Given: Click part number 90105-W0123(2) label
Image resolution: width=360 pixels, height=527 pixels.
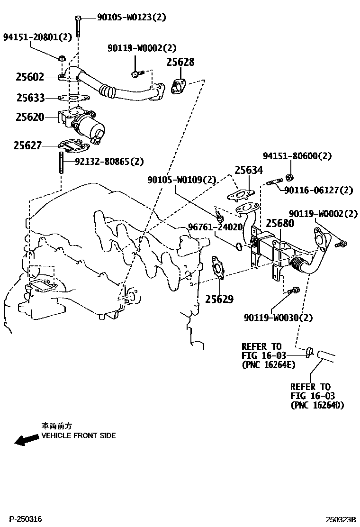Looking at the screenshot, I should coord(132,18).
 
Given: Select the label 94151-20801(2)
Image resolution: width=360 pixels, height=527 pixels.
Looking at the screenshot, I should coord(38,36).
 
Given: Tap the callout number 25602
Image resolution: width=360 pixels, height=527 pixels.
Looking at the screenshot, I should coord(30,77).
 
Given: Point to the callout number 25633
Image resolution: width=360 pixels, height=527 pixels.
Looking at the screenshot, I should coord(30,98).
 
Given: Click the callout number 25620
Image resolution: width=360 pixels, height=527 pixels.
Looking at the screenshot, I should coord(30,117).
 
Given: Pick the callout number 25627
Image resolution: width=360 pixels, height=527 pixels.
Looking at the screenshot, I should coord(27,146).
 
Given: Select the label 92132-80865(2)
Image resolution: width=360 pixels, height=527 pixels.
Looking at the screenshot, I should coord(109,162).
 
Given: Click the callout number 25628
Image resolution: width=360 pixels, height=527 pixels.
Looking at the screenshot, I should coord(180,62).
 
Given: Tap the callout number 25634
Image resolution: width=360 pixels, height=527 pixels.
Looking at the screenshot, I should coord(249,170).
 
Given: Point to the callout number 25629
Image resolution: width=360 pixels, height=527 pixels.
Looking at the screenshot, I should coord(219,299).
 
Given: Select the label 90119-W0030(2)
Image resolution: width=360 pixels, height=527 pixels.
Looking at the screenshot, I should coord(279,317).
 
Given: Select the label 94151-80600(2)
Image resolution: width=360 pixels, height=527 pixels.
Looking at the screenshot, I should coord(297,156).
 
